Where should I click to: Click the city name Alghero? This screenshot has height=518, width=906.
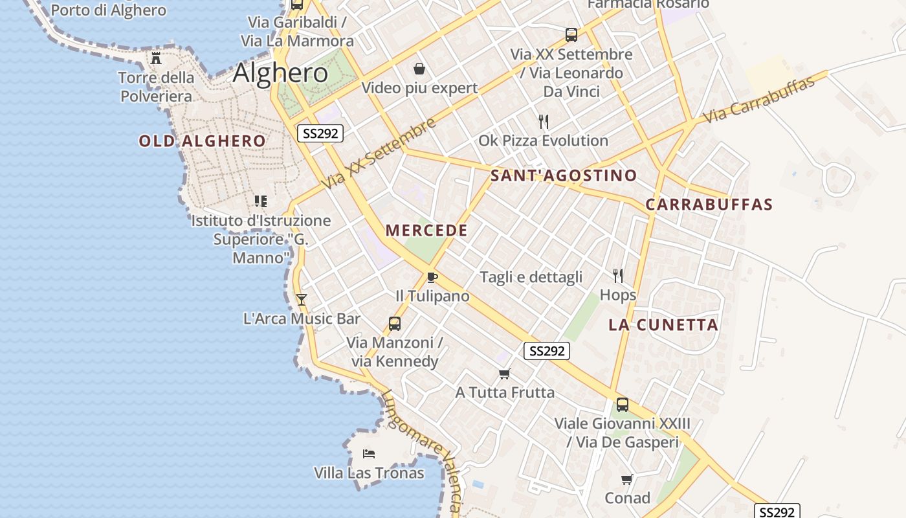[x=280, y=73]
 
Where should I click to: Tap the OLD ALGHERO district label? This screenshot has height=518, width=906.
[x=202, y=141]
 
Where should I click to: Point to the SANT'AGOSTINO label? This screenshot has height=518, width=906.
[x=564, y=175]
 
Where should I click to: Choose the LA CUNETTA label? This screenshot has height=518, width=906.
[x=663, y=325]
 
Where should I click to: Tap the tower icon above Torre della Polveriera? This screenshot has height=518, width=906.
[x=156, y=58]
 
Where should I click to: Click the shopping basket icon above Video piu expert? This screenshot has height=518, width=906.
[x=419, y=69]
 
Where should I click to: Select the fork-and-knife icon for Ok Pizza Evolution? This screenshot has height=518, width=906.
[x=544, y=121]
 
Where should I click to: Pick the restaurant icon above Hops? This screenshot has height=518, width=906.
[x=618, y=276]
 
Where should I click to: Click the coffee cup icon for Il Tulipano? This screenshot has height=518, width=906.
[x=432, y=278]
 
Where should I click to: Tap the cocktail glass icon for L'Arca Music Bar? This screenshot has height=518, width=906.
[x=301, y=299]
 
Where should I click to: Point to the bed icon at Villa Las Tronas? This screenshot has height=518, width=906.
[x=369, y=453]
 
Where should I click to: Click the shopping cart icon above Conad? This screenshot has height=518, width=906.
[x=626, y=479]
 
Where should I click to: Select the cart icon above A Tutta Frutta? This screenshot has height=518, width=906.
[x=505, y=374]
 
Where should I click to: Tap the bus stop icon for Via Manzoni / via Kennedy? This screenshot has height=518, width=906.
[x=394, y=324]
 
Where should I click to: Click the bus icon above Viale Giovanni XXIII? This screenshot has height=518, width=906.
[x=622, y=405]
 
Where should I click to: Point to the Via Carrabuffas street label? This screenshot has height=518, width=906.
[x=758, y=100]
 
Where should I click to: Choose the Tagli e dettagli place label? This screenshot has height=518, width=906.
[x=531, y=277]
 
